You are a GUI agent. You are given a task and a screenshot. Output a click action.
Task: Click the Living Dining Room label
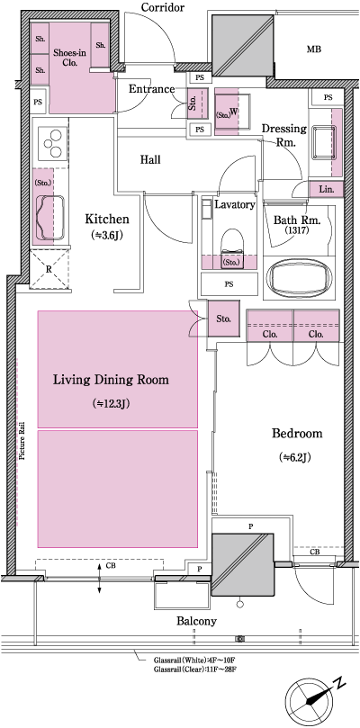[116, 379]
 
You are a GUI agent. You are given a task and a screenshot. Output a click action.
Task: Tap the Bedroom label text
[296, 434]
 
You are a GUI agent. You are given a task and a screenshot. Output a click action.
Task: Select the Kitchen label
[107, 220]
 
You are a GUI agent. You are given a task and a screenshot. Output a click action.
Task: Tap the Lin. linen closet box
[325, 190]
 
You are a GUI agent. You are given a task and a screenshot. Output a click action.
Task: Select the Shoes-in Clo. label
[69, 58]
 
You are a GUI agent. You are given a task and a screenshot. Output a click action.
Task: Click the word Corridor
[163, 8]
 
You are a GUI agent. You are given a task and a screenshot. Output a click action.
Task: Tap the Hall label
[150, 159]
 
